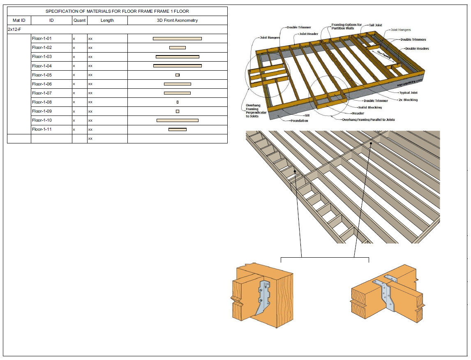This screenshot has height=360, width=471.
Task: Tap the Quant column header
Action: (80, 21)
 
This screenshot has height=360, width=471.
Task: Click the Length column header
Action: (107, 21)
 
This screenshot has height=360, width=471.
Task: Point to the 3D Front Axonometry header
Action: (177, 21)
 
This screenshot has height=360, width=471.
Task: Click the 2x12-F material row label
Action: (14, 30)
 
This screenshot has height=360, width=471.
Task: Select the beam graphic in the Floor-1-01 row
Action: (177, 39)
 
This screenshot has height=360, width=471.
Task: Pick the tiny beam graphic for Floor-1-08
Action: (178, 102)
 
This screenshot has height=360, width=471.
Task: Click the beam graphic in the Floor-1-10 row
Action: (178, 120)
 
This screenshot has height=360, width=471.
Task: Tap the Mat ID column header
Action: (19, 21)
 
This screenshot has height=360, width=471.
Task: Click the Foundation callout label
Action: (299, 121)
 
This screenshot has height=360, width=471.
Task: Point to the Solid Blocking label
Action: (370, 107)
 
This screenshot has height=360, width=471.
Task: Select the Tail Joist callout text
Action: (376, 25)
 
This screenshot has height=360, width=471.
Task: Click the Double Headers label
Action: (417, 48)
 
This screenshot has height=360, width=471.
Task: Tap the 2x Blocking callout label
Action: (408, 100)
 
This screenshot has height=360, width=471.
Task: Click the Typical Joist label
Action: (408, 93)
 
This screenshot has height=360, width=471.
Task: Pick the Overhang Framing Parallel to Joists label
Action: (368, 120)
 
